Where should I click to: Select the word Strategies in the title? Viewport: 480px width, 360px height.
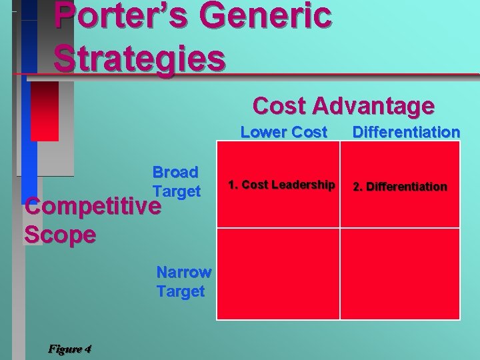(139, 57)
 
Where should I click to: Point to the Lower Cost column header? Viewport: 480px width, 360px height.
(284, 132)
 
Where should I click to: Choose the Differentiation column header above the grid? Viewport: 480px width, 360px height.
(406, 132)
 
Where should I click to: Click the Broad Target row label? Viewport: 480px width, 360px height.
(176, 181)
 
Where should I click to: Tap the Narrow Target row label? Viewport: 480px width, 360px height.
(183, 281)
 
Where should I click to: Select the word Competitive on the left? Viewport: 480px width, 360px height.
(92, 207)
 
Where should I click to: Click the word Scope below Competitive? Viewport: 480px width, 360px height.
(59, 235)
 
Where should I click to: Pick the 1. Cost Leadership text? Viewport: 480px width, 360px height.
(281, 185)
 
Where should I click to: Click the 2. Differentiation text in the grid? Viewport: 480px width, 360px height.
(400, 186)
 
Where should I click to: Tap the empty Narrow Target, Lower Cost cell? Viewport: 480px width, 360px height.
(279, 273)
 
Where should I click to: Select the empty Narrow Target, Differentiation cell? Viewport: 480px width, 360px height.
(400, 273)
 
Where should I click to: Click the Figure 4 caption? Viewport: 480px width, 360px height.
(70, 349)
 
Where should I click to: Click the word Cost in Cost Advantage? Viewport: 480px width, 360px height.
(279, 105)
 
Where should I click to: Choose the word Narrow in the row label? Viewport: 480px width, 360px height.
(184, 272)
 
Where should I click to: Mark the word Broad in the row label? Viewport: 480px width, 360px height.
(175, 172)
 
